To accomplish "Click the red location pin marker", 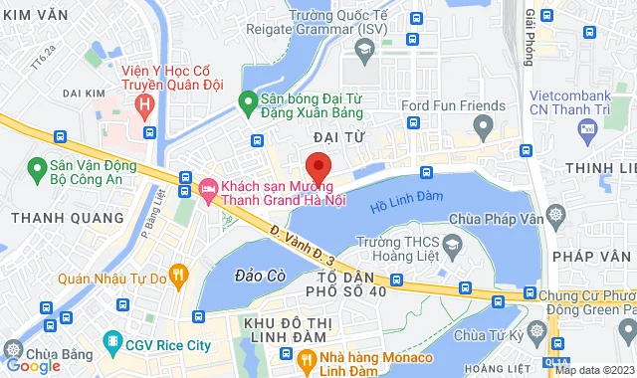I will click(318, 166).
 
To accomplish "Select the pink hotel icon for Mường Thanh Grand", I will click(208, 187).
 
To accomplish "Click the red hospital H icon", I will click(147, 101).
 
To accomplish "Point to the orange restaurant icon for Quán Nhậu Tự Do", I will click(178, 273).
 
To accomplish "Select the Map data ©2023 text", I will click(594, 371).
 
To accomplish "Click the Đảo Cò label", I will click(255, 274).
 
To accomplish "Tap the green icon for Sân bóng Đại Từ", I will click(248, 100).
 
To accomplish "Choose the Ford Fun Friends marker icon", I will click(484, 126).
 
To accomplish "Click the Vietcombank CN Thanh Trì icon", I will click(589, 126).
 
